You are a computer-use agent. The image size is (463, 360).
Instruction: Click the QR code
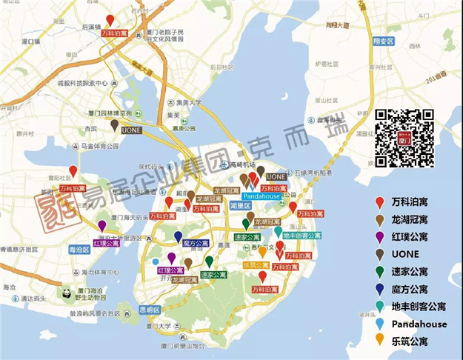pyautogui.click(x=404, y=137)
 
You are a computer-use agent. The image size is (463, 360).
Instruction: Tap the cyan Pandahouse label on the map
pyautogui.click(x=261, y=196)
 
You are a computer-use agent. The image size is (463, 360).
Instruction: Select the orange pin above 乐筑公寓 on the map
pyautogui.click(x=262, y=253)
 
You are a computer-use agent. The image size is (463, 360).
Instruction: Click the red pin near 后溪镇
pyautogui.click(x=110, y=21)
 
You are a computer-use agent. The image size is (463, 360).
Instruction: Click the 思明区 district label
pyautogui.click(x=152, y=309)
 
